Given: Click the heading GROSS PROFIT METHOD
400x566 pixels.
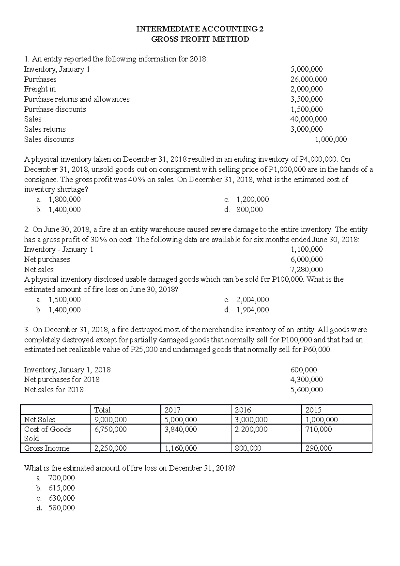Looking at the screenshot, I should tap(200, 39).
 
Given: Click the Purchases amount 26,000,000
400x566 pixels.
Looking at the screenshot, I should tap(309, 79).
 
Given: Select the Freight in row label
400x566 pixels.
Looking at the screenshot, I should tap(40, 89).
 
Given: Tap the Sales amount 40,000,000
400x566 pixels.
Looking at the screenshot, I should tap(309, 119).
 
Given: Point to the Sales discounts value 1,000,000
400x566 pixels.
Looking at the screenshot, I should tap(331, 139).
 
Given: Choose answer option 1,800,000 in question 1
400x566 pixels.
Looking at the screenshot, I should tap(64, 199).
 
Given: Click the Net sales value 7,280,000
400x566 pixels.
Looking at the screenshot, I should tap(307, 269).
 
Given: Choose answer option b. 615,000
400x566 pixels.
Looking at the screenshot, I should tap(61, 488).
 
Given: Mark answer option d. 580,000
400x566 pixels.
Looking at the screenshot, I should tap(61, 508).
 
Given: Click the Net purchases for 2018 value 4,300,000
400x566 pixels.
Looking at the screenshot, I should tap(307, 380).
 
